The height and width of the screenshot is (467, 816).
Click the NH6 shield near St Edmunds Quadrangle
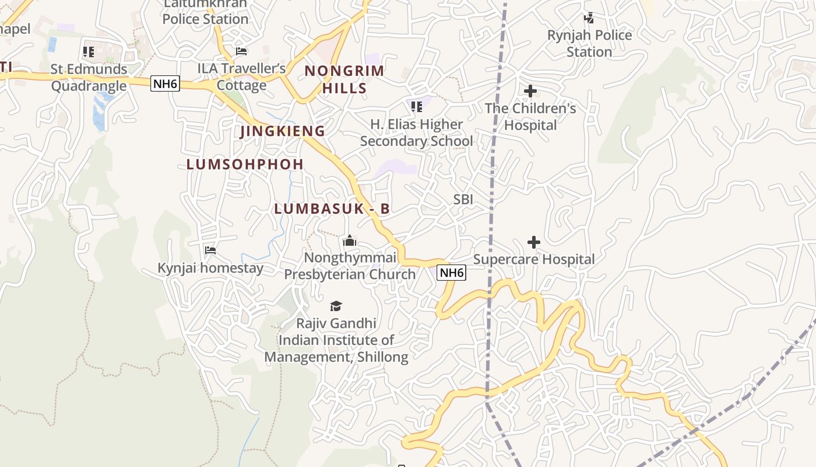pyautogui.click(x=165, y=84)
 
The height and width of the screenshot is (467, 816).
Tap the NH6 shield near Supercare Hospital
pyautogui.click(x=452, y=273)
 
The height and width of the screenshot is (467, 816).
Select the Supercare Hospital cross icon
pyautogui.click(x=533, y=242)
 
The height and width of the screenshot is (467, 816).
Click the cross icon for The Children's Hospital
pyautogui.click(x=530, y=91)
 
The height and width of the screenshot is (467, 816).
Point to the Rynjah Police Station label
pyautogui.click(x=589, y=44)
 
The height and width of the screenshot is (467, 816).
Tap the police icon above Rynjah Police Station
pyautogui.click(x=589, y=18)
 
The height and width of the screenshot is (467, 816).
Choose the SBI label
pyautogui.click(x=463, y=200)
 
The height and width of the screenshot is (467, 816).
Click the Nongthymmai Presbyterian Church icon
pyautogui.click(x=350, y=241)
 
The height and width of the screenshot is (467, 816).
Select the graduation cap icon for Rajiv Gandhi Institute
pyautogui.click(x=336, y=306)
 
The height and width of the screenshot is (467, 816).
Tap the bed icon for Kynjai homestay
pyautogui.click(x=210, y=250)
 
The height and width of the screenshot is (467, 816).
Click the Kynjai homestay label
pyautogui.click(x=210, y=269)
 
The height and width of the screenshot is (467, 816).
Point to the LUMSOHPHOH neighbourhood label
pyautogui.click(x=245, y=165)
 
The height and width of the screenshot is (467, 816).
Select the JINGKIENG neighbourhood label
pyautogui.click(x=283, y=131)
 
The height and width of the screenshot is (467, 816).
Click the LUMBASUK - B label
pyautogui.click(x=332, y=209)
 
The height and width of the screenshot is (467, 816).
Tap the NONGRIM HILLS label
pyautogui.click(x=344, y=79)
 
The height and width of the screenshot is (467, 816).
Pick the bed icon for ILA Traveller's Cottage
pyautogui.click(x=241, y=51)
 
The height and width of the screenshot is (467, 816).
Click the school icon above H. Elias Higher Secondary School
pyautogui.click(x=416, y=107)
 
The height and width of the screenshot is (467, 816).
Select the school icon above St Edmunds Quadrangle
pyautogui.click(x=89, y=52)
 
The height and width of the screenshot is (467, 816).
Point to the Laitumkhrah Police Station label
pyautogui.click(x=205, y=12)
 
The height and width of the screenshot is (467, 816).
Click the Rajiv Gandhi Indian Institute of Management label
pyautogui.click(x=336, y=340)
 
